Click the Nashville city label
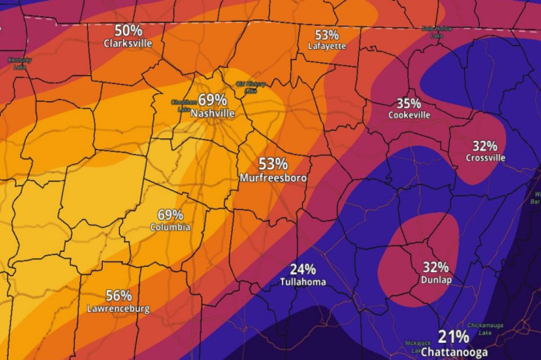coord(212,114)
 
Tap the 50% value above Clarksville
coord(128,31)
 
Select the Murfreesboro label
coord(273,178)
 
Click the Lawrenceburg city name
coord(118,309)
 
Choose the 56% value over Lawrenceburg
coord(119,296)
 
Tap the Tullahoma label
coord(303,282)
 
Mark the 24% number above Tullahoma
coord(303,269)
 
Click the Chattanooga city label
coord(454,351)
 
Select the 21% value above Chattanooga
coord(453,337)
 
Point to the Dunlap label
coord(436,280)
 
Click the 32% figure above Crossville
coord(485,146)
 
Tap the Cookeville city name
coord(409,115)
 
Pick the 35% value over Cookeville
coord(408,103)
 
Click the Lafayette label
coord(327,46)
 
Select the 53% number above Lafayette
coord(327,34)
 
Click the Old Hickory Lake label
coord(251,87)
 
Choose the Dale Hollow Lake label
coord(436,32)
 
